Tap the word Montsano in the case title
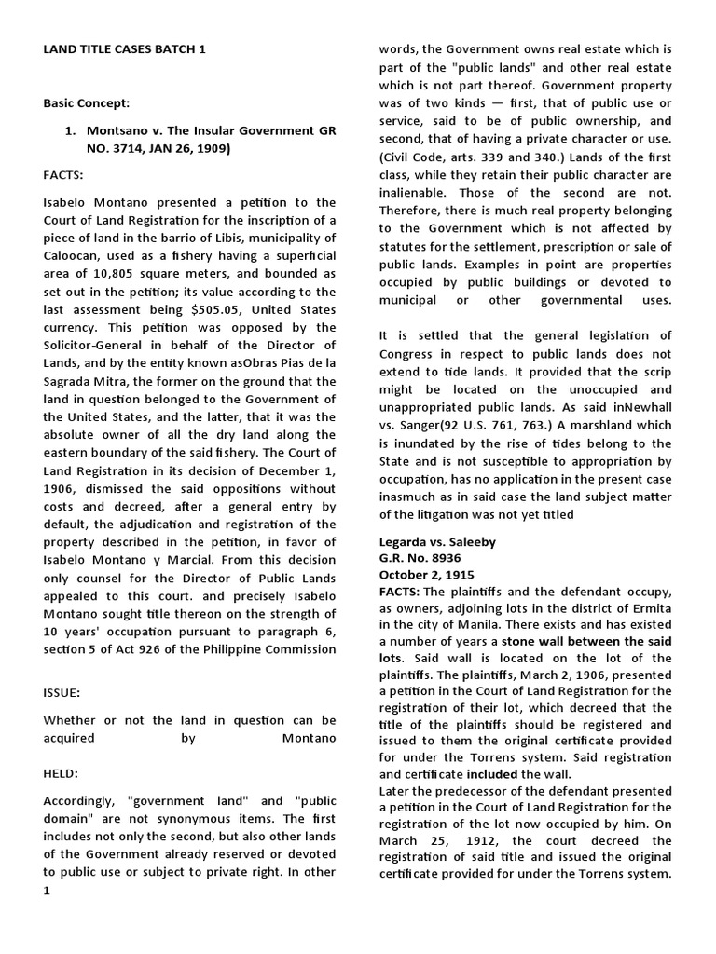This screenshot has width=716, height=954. (124, 131)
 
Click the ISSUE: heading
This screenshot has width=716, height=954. (64, 693)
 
